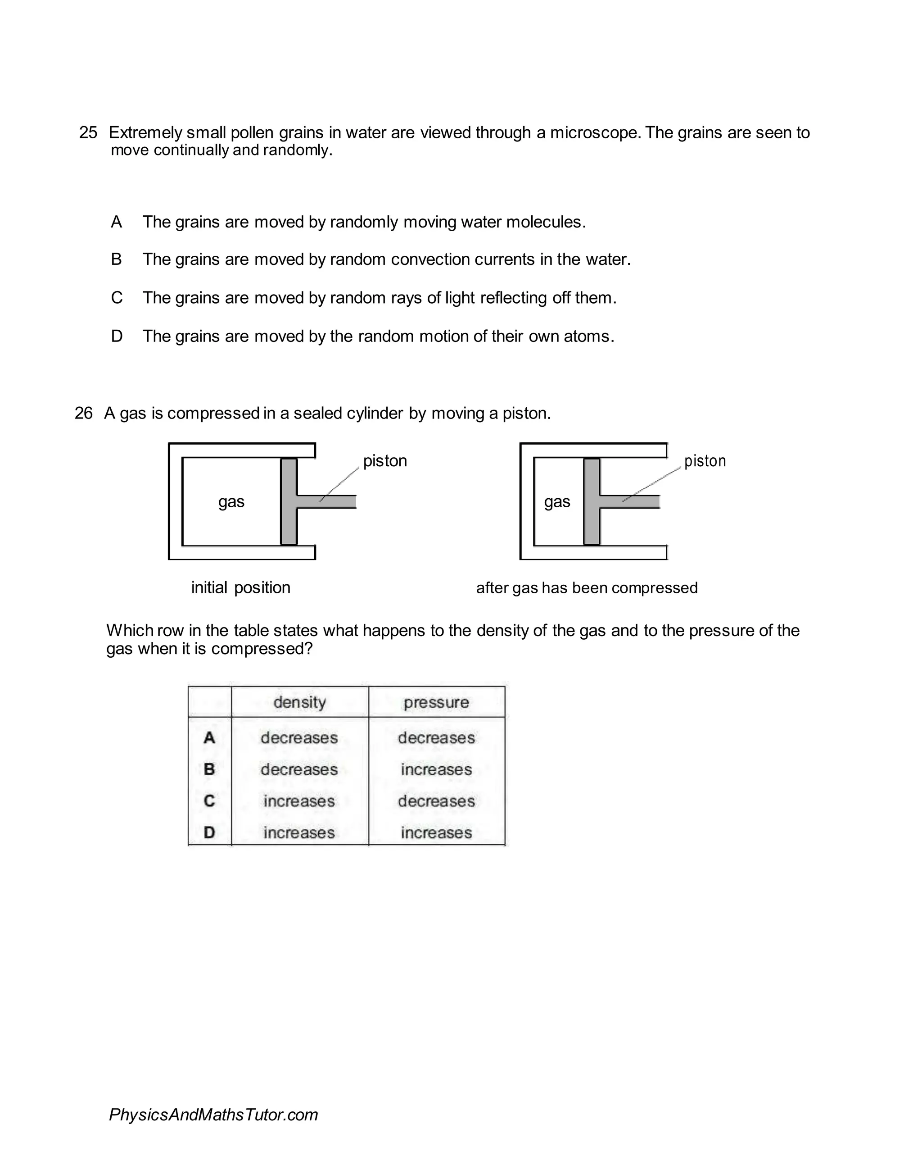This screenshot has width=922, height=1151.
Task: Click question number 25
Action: pyautogui.click(x=88, y=132)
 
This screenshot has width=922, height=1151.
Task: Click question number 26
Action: pyautogui.click(x=84, y=413)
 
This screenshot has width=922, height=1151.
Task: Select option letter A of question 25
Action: pyautogui.click(x=116, y=222)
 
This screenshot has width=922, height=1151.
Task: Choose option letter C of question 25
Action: pyautogui.click(x=116, y=297)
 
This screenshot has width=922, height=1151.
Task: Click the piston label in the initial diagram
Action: pyautogui.click(x=385, y=461)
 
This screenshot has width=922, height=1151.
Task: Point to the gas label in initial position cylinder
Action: pyautogui.click(x=231, y=502)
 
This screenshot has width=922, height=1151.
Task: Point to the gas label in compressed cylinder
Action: pyautogui.click(x=557, y=502)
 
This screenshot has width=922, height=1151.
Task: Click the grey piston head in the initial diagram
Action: pyautogui.click(x=289, y=502)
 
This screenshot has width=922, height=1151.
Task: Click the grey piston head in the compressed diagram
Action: pyautogui.click(x=592, y=502)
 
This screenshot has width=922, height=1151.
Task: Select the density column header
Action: pyautogui.click(x=299, y=702)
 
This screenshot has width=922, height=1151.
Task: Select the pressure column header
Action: pyautogui.click(x=436, y=702)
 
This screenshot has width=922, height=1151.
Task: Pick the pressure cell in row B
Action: pyautogui.click(x=436, y=769)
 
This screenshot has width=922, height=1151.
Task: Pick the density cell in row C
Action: pyautogui.click(x=299, y=801)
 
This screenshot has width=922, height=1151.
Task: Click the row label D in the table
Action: pyautogui.click(x=209, y=833)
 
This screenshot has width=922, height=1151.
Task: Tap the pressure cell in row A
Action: pyautogui.click(x=436, y=738)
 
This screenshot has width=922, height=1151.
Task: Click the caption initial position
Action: pyautogui.click(x=241, y=588)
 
